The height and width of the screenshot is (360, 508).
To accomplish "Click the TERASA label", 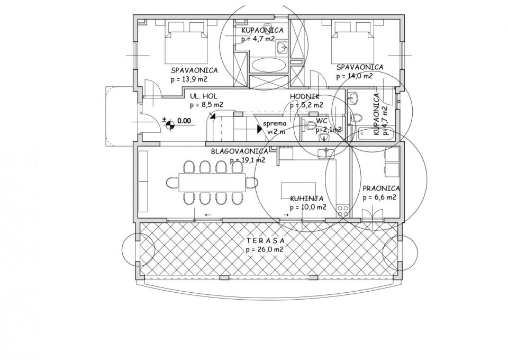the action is pos(265,241).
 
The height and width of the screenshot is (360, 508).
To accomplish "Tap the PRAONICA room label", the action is pos(381,188).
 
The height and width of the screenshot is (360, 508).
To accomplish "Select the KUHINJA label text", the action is pos(306,199).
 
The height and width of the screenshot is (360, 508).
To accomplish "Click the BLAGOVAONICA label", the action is pos(239,151).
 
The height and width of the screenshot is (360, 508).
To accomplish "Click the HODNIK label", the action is pos(304,96).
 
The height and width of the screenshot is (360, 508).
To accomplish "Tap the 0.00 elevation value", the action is pos(184,121).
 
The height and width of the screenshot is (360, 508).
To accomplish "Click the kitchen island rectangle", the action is pos(298,190).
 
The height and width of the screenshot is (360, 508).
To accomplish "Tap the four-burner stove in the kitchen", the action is pos(343,211).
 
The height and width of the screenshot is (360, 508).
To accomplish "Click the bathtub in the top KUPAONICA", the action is pos(268,65).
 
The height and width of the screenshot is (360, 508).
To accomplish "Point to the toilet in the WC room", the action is pos(310,125).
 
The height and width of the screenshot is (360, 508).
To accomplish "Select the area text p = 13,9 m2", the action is pos(189,79).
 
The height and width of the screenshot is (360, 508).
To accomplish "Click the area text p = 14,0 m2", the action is pos(355,76).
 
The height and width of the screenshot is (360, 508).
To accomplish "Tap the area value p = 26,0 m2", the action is pos(265,250).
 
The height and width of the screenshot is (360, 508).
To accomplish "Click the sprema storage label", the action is pos(275,123).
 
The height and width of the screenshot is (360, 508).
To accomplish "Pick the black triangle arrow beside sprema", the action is pos(259,129).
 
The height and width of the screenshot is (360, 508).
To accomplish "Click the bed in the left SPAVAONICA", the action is pos(186,42).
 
